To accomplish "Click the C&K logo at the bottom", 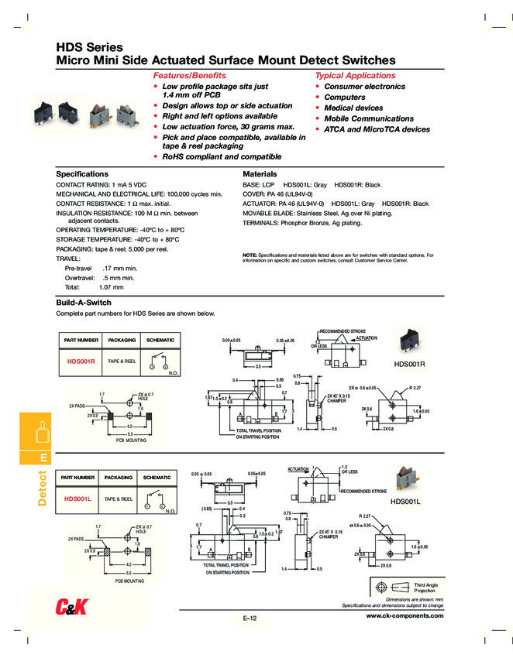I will coord(73,608).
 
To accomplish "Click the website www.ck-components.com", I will coord(405,615).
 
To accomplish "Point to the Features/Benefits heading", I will coord(191,76).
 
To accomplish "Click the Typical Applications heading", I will coord(355,76).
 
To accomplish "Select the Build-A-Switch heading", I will coord(84,302).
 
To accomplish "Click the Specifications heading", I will coord(82,174).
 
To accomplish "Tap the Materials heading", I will coord(260,174).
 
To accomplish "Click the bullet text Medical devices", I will coord(353,108).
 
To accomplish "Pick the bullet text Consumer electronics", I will coord(364,87).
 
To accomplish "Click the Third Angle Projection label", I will coord(425,588).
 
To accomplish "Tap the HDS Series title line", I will coord(90,47).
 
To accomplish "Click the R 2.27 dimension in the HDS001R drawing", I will coord(415,387).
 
